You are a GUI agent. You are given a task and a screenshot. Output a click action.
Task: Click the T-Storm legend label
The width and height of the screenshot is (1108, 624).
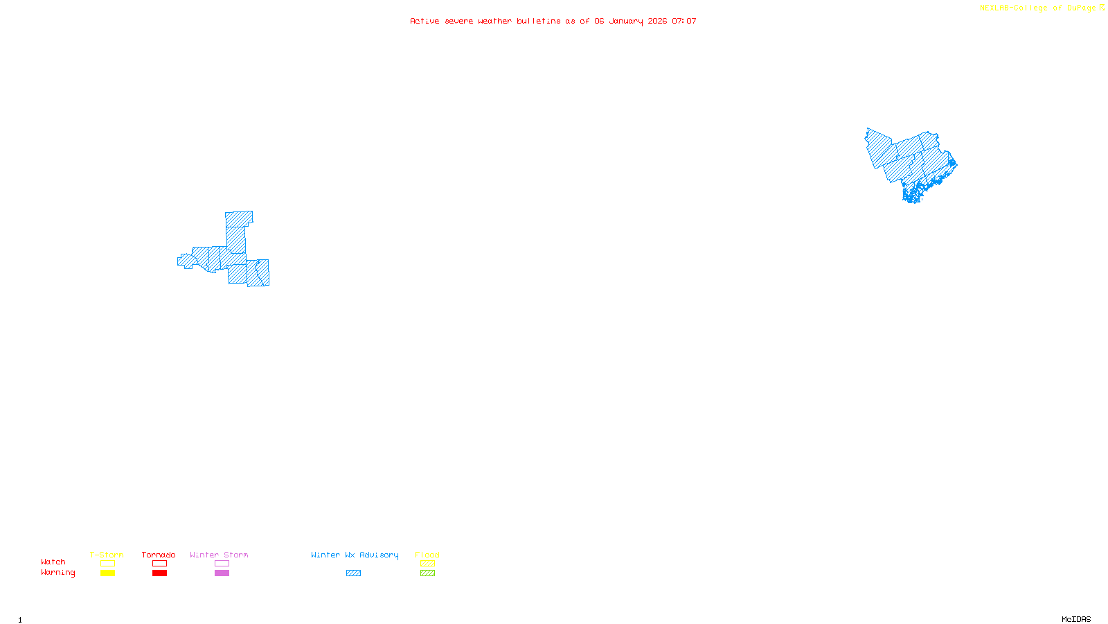pos(107,555)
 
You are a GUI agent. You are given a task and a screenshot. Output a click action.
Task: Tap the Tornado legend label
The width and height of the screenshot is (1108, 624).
pos(159,555)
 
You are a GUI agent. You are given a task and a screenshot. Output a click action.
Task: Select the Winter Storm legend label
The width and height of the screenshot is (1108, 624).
pos(219,555)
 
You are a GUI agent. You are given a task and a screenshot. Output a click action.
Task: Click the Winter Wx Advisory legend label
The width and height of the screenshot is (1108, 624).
pos(355,555)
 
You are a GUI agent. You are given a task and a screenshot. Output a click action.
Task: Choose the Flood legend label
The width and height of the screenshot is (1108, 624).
pos(427,555)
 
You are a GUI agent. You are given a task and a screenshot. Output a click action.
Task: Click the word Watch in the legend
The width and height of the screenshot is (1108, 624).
pos(53,562)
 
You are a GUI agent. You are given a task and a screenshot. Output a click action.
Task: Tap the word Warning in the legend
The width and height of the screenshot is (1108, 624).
pos(58,573)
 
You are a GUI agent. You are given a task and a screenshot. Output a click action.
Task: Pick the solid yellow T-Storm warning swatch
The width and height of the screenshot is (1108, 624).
pos(107,573)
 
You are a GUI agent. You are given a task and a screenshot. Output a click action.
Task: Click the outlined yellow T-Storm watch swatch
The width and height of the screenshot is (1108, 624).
pos(107,564)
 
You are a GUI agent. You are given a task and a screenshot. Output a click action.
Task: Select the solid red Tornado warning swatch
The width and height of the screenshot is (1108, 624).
pos(159,573)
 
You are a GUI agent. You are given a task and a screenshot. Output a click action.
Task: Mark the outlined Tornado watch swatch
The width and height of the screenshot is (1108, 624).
pos(159,564)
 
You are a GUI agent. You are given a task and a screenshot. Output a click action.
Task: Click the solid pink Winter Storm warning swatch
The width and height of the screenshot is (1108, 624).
pos(222,573)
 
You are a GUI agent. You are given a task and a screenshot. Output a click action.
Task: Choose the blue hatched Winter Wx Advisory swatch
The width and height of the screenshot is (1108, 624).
pos(353,573)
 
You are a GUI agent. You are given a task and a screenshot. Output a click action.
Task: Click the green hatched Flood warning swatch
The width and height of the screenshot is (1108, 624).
pos(427,573)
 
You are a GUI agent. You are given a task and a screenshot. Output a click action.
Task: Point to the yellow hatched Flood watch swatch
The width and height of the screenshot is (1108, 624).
pos(427,564)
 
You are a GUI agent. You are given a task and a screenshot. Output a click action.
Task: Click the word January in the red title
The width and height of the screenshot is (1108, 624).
pos(626,21)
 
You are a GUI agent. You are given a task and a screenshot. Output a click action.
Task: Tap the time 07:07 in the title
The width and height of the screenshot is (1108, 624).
pos(684,21)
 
